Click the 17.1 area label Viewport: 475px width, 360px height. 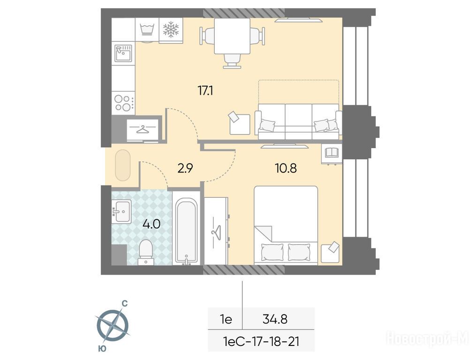205,90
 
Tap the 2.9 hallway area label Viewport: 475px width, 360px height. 185,168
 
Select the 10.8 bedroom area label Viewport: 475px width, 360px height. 286,168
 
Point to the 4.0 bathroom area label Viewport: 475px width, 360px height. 151,225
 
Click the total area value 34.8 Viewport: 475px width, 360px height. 275,319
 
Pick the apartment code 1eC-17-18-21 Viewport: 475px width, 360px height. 261,342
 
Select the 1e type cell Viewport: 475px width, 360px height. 226,319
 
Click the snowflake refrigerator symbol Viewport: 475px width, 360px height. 171,30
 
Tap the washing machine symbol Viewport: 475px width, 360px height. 147,30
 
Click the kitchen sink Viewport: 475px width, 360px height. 123,53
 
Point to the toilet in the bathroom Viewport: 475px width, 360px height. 146,252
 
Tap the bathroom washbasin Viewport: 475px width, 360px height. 121,211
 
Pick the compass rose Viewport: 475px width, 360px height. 113,326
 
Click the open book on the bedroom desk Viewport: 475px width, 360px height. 332,152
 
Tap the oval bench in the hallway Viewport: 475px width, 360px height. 123,165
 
